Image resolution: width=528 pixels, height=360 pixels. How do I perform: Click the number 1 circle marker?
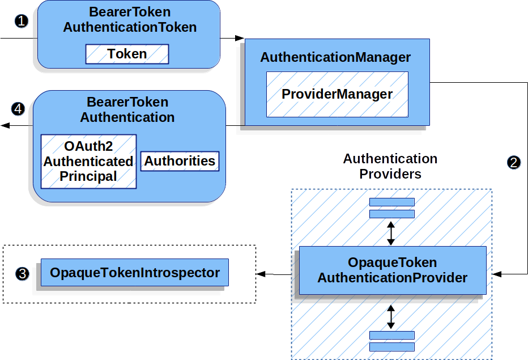coord(21,22)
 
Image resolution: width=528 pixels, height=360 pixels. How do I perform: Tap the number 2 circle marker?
coord(513,162)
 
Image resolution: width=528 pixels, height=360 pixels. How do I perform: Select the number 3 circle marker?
coord(22,274)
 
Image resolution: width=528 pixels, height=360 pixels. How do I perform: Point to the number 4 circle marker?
coord(18,108)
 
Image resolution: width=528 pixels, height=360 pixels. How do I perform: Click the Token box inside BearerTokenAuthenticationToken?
coord(127,54)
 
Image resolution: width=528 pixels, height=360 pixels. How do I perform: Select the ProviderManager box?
coord(337,94)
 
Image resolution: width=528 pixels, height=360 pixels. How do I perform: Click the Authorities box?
coord(180,161)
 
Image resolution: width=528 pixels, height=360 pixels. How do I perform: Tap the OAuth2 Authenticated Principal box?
coord(88,162)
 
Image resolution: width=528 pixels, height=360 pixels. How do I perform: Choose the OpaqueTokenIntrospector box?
coord(135,273)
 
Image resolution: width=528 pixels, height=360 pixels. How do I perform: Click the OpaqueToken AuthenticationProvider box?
coord(392,270)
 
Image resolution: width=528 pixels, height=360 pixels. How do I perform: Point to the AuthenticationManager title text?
coord(335,58)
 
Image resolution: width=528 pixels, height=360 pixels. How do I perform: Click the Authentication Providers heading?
coord(390,166)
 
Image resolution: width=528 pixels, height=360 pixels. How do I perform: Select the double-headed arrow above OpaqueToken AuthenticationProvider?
coord(390,233)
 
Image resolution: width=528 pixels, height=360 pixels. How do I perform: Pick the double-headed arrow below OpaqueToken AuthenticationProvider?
coord(390,316)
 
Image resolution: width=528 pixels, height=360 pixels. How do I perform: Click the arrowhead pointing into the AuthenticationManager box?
coord(240,39)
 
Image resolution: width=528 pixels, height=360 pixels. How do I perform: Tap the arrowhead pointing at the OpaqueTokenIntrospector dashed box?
coord(261,274)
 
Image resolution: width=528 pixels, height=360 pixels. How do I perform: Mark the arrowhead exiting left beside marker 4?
coord(4,125)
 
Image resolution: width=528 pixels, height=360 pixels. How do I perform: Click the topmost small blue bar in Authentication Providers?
coord(391,202)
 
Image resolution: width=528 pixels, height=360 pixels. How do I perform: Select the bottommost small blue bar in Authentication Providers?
coord(391,347)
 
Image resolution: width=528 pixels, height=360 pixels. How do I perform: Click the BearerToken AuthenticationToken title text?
coord(130,19)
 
